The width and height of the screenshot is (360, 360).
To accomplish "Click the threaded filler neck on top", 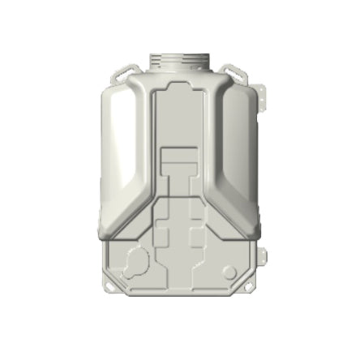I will [180, 62].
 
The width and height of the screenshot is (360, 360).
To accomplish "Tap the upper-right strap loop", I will [234, 72].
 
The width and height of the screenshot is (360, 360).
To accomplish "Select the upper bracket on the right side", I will [262, 95].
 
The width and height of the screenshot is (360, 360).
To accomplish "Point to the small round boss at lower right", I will [229, 272].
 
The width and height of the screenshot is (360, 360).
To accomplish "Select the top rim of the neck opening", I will [180, 54].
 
